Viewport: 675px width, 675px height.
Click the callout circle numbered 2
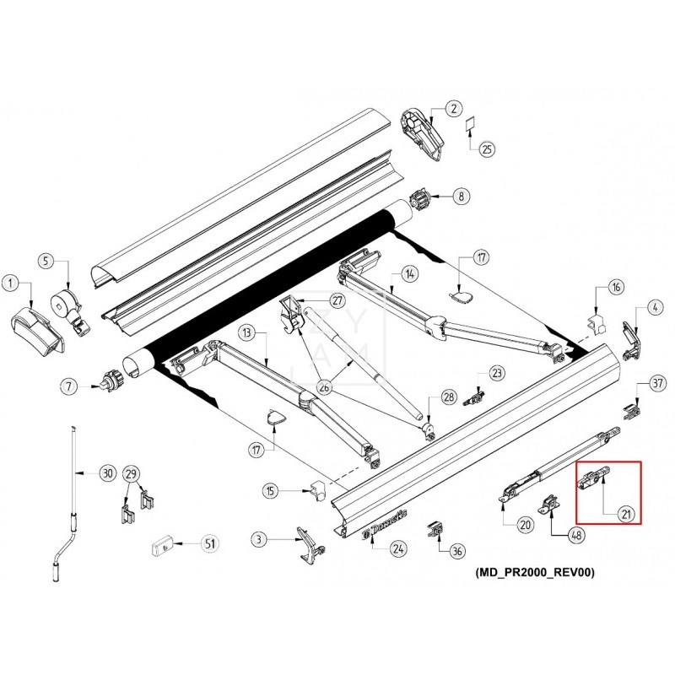454,108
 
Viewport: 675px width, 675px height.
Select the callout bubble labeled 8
461,197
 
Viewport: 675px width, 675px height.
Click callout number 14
409,273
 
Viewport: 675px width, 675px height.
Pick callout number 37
657,384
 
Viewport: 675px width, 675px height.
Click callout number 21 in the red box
626,512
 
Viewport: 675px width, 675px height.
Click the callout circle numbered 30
106,473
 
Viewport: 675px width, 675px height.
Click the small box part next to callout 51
163,546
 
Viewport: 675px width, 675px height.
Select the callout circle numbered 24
396,549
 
